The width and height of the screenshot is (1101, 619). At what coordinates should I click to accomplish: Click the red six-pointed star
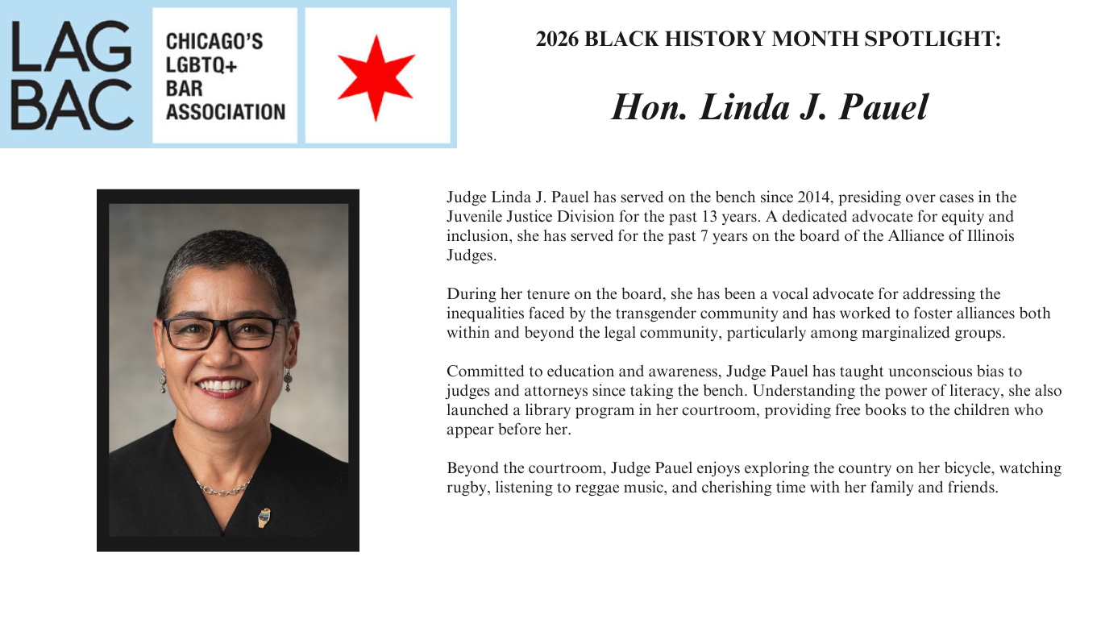click(376, 76)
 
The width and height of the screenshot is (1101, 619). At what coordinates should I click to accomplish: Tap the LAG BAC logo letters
click(72, 75)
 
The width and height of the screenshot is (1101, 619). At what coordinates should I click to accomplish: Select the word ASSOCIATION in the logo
click(225, 111)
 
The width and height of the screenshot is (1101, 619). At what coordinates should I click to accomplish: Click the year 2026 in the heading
click(557, 39)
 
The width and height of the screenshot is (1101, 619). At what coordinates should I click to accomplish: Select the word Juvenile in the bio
click(473, 217)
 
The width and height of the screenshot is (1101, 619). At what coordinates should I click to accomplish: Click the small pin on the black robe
click(264, 517)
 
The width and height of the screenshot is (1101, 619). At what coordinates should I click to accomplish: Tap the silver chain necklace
click(223, 488)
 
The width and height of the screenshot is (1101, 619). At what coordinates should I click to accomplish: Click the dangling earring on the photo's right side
click(287, 380)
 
